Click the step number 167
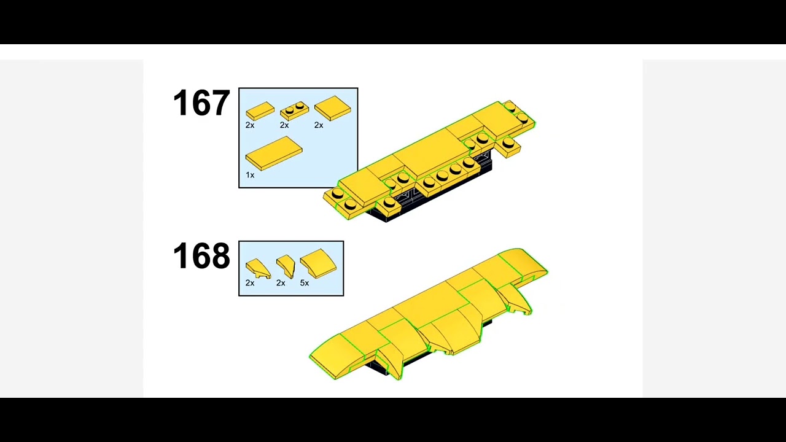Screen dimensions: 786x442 [x=201, y=103]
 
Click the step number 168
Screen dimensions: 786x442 [x=201, y=255]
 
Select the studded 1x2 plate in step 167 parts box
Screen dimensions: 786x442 [x=294, y=111]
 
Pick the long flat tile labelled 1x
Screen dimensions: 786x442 [x=274, y=153]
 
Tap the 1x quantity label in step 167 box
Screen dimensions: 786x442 [x=250, y=175]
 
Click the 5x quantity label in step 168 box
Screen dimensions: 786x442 [x=304, y=283]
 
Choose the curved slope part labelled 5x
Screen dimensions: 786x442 [x=318, y=263]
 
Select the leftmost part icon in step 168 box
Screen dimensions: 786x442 [x=258, y=269]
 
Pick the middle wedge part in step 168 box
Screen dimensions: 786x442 [x=286, y=266]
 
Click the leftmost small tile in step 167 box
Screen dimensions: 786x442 [x=260, y=111]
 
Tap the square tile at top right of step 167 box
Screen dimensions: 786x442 [x=333, y=108]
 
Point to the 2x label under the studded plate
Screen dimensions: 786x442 [x=284, y=125]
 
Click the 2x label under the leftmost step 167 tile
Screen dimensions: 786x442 [x=250, y=125]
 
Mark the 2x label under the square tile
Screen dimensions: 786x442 [x=319, y=125]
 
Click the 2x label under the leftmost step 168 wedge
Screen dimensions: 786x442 [x=250, y=283]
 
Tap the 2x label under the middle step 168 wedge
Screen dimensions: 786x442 [x=281, y=283]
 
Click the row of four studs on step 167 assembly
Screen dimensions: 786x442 [x=448, y=173]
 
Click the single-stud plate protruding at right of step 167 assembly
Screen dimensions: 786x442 [x=508, y=146]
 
